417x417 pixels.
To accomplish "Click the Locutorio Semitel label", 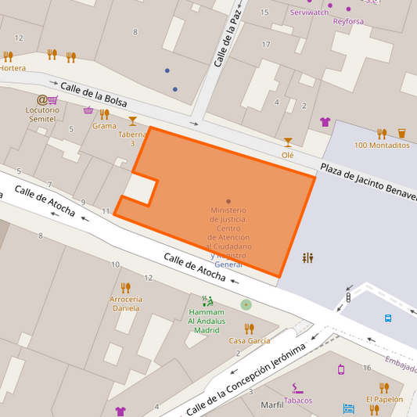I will (43, 114).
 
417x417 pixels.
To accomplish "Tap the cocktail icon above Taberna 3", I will (132, 120).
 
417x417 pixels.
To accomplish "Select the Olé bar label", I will (288, 155).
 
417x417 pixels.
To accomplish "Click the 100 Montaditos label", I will (382, 145).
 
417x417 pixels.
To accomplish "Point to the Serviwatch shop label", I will (309, 13).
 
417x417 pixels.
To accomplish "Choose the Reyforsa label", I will (348, 21).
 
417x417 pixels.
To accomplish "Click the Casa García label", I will (250, 340).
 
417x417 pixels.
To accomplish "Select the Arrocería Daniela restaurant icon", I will (125, 287).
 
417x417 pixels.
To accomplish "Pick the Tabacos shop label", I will (297, 401).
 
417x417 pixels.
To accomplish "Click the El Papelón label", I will (384, 399).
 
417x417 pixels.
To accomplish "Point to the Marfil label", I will (271, 404).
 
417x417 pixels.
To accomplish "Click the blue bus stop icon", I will (387, 318).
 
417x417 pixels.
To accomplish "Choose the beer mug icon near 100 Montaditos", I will (401, 133).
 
